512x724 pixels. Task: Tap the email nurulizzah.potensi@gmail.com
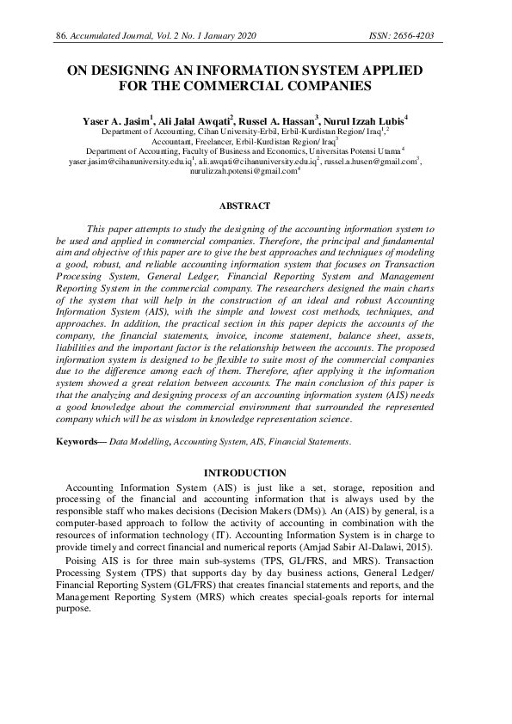(x=243, y=171)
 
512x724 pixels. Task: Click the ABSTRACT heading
(x=244, y=206)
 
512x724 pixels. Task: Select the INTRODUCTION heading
(x=244, y=473)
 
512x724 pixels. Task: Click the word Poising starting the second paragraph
(x=83, y=560)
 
